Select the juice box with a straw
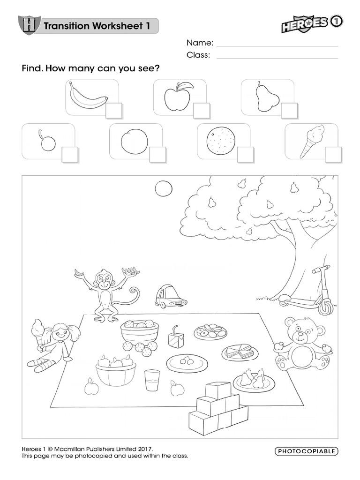[x=175, y=337]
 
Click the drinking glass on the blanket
[x=152, y=380]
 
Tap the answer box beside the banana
[x=114, y=110]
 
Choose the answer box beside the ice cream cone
[x=333, y=154]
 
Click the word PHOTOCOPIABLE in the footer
[x=306, y=451]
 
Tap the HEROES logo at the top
[x=305, y=24]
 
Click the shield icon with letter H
[x=29, y=25]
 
